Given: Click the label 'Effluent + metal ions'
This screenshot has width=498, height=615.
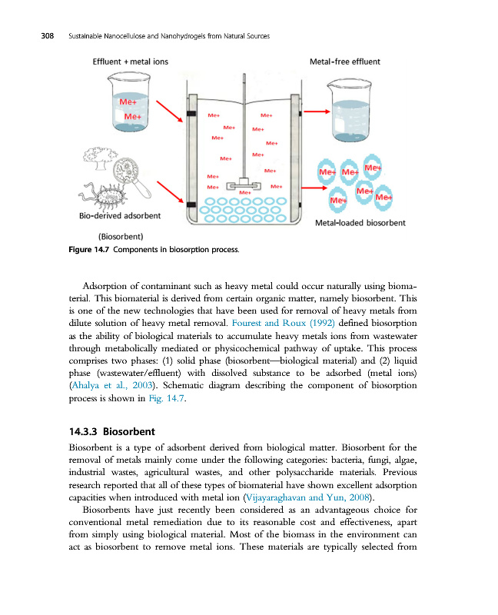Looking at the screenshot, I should (131, 61).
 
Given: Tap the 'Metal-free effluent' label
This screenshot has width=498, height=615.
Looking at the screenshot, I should (344, 61).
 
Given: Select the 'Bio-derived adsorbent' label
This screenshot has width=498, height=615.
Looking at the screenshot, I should (120, 217).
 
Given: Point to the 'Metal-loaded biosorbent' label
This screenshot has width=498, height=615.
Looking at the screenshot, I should (360, 223).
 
